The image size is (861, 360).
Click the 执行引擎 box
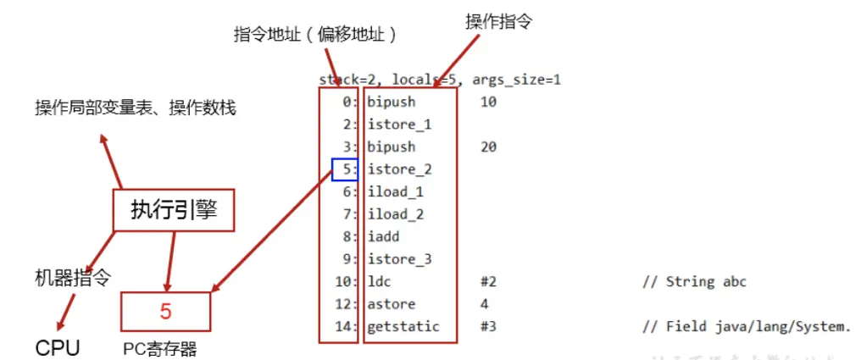click(x=173, y=210)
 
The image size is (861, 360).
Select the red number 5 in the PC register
click(x=165, y=311)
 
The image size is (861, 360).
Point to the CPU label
click(x=58, y=347)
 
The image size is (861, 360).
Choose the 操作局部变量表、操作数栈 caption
click(x=135, y=108)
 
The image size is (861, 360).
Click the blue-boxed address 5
click(x=345, y=169)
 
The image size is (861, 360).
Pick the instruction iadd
click(x=383, y=237)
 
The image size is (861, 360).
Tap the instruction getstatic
click(x=403, y=326)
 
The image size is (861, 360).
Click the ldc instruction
click(x=379, y=281)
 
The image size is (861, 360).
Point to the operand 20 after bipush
click(x=488, y=147)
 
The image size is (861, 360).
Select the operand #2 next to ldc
click(x=487, y=281)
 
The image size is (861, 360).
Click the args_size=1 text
click(x=516, y=80)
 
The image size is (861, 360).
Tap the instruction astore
click(x=391, y=304)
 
